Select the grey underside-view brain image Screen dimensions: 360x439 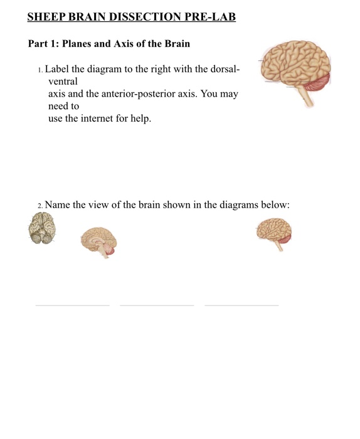[42, 228]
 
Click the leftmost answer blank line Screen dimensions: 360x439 [72, 305]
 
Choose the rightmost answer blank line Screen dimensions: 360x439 [241, 305]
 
